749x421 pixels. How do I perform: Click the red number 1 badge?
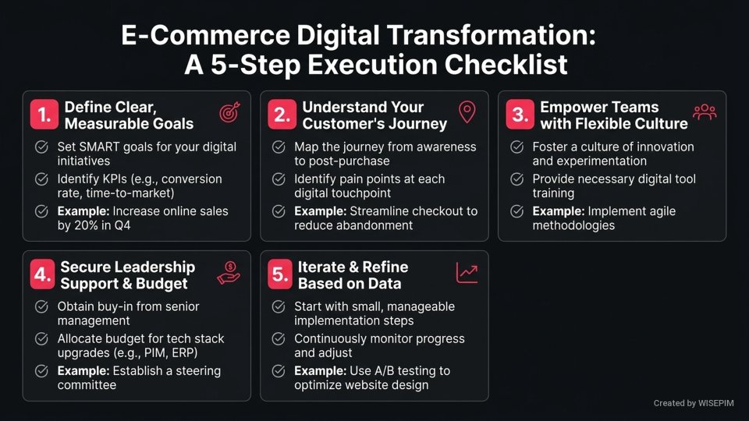tap(44, 115)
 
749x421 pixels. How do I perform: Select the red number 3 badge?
tap(519, 115)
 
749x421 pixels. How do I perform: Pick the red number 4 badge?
tap(44, 274)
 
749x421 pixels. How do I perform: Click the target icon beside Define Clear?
tap(229, 113)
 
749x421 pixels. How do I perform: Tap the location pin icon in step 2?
tap(467, 112)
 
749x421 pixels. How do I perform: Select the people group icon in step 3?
tap(705, 112)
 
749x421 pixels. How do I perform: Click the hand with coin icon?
tap(229, 273)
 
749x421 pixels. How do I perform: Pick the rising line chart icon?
tap(467, 272)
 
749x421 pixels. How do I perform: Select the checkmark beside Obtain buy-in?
tap(41, 306)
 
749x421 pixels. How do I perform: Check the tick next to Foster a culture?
tap(516, 147)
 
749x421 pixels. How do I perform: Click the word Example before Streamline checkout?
tap(320, 211)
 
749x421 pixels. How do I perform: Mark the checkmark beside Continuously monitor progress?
tap(279, 338)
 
